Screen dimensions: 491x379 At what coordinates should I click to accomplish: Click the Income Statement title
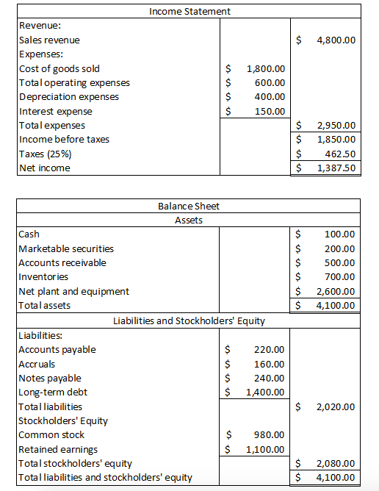point(189,11)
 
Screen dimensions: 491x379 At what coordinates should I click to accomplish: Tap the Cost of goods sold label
point(59,68)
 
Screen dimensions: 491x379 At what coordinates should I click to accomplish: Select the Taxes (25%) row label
point(45,154)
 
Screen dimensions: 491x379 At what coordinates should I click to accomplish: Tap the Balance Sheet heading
point(189,206)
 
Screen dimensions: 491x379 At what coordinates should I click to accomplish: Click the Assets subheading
point(189,220)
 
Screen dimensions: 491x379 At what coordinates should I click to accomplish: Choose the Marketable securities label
point(66,248)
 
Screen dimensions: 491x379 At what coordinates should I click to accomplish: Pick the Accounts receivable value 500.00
point(339,262)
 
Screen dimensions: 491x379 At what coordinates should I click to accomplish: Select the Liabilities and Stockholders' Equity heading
point(189,320)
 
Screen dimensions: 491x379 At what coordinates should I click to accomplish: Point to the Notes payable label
point(50,378)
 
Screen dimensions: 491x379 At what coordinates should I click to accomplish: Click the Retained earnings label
point(58,449)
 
